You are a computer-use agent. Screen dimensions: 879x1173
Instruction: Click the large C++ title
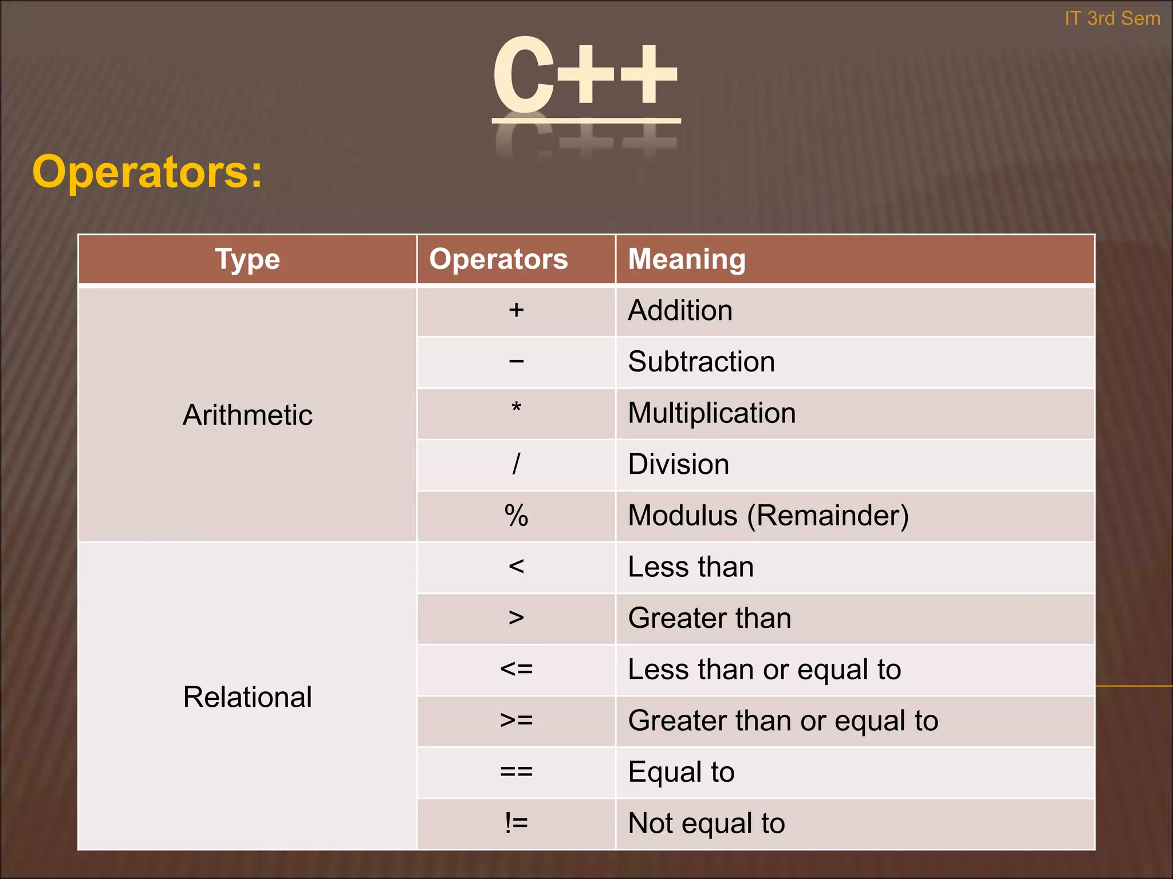tap(585, 74)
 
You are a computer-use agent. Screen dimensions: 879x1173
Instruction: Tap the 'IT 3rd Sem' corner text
tap(1112, 18)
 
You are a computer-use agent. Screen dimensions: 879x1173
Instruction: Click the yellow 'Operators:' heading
tap(147, 172)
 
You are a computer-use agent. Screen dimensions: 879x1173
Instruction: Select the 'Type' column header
tap(247, 259)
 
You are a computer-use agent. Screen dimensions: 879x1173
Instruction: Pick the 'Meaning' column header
tap(687, 259)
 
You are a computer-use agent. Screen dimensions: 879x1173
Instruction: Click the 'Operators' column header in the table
tap(498, 259)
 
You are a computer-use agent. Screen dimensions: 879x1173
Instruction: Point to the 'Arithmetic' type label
tap(247, 415)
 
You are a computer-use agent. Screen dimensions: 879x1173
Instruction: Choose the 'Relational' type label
tap(247, 697)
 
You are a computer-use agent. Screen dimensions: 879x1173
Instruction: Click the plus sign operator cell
tap(516, 310)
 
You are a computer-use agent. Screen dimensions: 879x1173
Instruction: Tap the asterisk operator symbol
tap(516, 409)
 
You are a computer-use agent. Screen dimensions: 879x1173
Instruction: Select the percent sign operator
tap(516, 516)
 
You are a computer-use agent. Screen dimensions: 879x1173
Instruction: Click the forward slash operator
tap(516, 464)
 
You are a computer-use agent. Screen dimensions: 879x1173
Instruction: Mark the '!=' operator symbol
tap(516, 823)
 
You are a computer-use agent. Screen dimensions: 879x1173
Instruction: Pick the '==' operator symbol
tap(516, 772)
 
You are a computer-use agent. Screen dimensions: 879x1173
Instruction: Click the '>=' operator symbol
tap(516, 720)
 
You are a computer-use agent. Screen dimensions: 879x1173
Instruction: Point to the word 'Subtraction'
tap(701, 362)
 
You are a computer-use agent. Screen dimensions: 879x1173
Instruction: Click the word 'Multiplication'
tap(711, 413)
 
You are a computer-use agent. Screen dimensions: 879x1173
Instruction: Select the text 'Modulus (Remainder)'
tap(768, 516)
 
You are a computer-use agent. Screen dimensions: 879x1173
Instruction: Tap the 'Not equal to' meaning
tap(706, 823)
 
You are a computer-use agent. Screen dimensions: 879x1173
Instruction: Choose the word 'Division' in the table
tap(679, 464)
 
